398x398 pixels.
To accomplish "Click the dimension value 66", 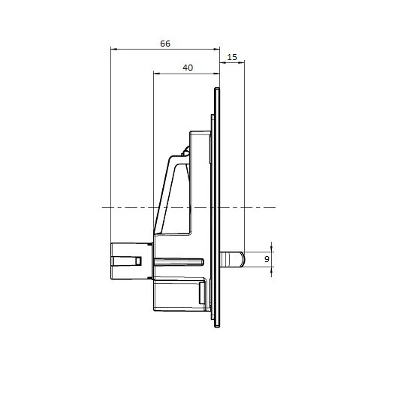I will pos(164,44).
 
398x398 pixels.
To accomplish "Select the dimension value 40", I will pos(187,68).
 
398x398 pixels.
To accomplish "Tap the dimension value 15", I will pos(232,58).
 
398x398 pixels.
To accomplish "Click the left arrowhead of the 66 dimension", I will pos(113,50).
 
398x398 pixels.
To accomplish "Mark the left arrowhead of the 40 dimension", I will pos(155,74).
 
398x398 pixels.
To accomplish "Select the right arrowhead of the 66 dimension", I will pos(218,50).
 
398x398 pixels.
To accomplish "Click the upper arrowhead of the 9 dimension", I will pos(270,249).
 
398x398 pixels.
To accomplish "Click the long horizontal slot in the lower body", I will pos(180,261).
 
